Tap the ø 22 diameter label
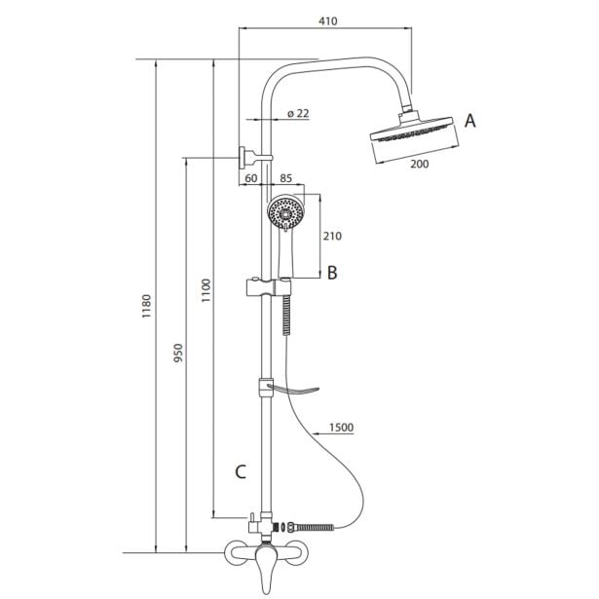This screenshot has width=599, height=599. (299, 114)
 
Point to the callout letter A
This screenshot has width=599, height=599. (470, 121)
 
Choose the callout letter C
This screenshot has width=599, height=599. (241, 472)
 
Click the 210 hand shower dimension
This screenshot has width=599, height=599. (331, 236)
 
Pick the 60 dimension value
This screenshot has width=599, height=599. (250, 178)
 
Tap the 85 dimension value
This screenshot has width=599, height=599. (286, 178)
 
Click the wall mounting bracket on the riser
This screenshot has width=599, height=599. (249, 156)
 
